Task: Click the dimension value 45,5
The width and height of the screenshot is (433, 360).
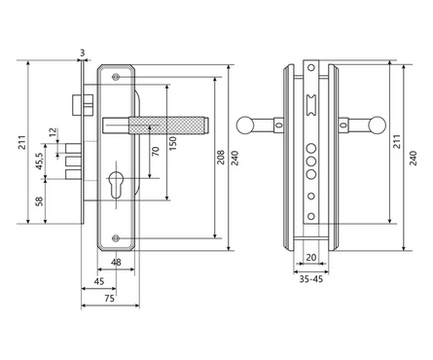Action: click(x=39, y=161)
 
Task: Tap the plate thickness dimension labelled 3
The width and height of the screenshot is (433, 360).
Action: click(x=83, y=53)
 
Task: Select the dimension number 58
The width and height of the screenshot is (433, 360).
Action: click(x=39, y=201)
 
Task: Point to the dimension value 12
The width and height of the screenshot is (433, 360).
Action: click(x=54, y=132)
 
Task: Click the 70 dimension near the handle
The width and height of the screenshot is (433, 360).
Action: click(x=156, y=151)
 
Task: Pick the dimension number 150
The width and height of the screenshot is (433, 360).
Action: click(x=173, y=143)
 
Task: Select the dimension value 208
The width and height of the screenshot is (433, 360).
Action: click(x=221, y=158)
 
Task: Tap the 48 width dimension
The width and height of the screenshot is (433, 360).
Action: click(x=116, y=262)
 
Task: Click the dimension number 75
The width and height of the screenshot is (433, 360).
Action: click(x=110, y=298)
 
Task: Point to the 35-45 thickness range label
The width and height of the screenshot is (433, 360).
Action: click(x=311, y=279)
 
